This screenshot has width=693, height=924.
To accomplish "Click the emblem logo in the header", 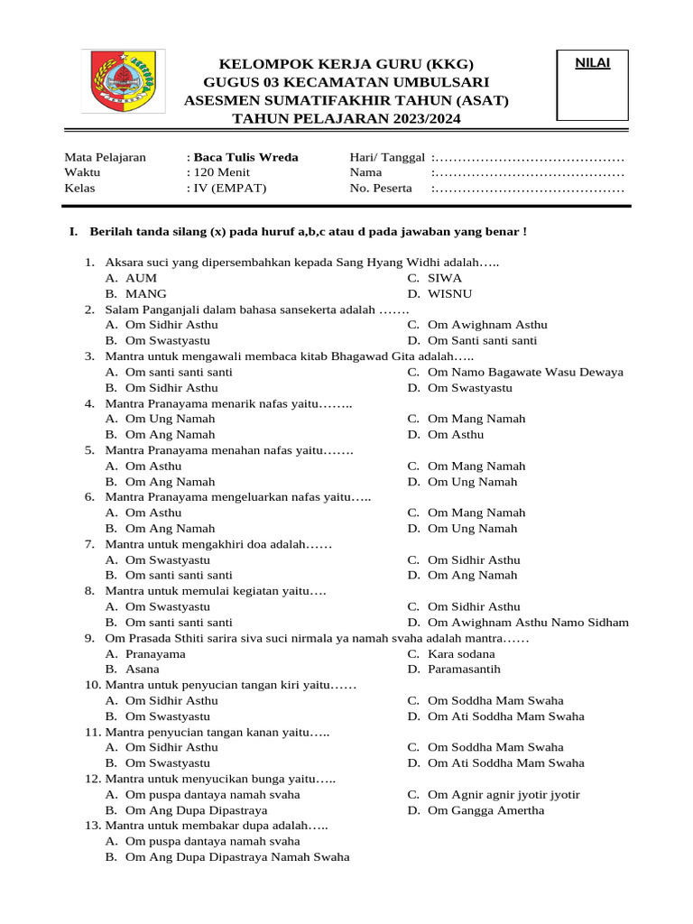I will (123, 82).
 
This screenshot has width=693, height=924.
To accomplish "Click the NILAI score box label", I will (593, 63).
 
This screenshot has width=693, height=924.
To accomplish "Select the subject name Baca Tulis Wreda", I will (245, 157).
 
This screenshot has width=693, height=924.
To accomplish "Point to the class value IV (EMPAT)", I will (229, 189).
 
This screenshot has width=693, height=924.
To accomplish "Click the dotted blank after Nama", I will (528, 172).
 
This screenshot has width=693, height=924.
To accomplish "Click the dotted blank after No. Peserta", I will (528, 189).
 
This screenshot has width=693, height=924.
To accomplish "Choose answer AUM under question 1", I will (141, 278).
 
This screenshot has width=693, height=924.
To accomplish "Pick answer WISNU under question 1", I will (449, 293).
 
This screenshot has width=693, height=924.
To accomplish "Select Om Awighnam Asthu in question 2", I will (487, 325).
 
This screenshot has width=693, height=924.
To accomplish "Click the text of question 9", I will (316, 638).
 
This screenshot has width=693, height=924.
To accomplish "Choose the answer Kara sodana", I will (461, 653).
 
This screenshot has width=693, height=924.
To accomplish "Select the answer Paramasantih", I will (464, 670).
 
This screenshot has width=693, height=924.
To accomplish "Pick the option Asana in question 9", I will (143, 670).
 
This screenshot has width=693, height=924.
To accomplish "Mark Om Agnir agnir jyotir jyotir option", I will (504, 794).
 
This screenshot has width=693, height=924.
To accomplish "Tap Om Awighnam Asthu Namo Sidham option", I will (528, 623).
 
